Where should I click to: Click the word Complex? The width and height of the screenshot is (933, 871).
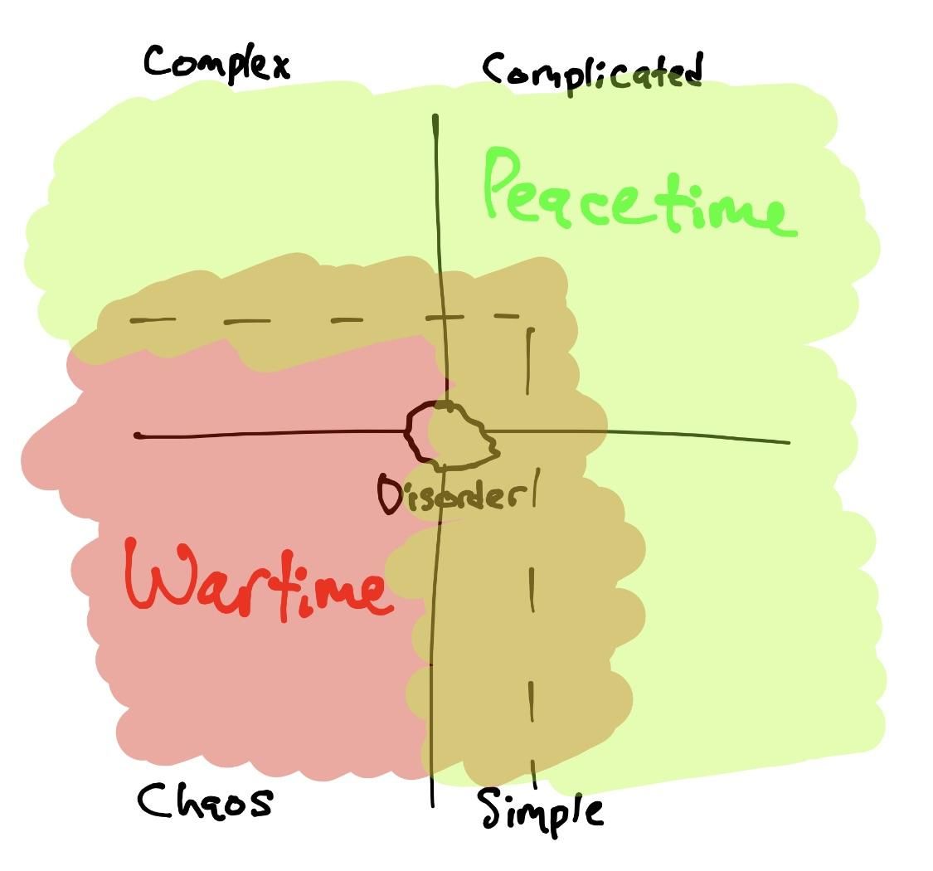(216, 62)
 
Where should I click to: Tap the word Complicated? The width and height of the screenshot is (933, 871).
(593, 72)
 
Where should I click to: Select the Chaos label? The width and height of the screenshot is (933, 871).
(204, 802)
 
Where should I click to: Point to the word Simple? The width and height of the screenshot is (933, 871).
(541, 810)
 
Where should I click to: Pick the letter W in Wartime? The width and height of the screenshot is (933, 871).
(162, 577)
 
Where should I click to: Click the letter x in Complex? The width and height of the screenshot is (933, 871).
(278, 66)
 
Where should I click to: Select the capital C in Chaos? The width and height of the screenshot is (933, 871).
(155, 801)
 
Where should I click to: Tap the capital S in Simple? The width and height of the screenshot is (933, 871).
(494, 810)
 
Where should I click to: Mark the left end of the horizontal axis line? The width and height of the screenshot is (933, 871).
(138, 435)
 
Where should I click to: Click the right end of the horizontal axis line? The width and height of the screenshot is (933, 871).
(788, 442)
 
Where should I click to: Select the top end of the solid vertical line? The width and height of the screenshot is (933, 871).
(435, 117)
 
